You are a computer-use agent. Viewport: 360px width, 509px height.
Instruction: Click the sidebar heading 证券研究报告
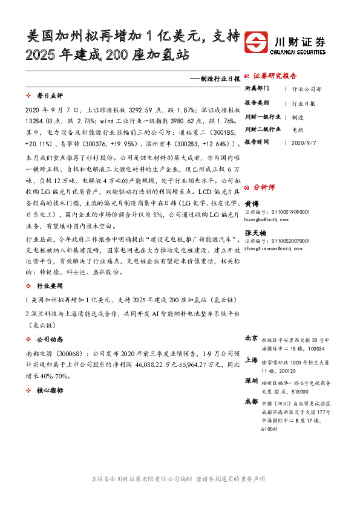[275, 76]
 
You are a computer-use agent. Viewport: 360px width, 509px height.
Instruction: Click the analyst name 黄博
[251, 204]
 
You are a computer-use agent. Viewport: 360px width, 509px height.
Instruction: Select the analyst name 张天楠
[254, 232]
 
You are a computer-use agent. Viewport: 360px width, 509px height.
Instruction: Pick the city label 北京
[251, 339]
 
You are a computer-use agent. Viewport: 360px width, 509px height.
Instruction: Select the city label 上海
[251, 360]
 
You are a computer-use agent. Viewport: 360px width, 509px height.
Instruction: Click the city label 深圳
[251, 381]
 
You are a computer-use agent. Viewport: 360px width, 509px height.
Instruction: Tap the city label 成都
[251, 403]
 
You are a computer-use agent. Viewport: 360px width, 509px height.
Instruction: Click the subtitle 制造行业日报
[215, 79]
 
